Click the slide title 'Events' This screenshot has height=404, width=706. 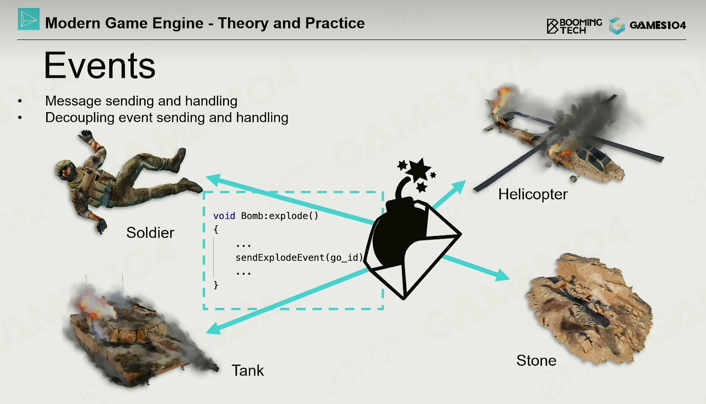tap(99, 66)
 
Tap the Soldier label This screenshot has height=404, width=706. tap(150, 233)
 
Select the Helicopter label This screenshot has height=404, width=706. tap(533, 194)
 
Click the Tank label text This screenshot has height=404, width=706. tap(248, 370)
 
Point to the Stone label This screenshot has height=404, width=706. tap(536, 360)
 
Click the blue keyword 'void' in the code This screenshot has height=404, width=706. tap(224, 216)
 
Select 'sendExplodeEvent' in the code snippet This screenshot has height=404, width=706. tap(280, 258)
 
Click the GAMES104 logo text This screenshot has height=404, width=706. tap(657, 25)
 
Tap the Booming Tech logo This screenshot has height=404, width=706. tap(574, 26)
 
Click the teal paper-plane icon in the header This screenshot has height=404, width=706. tap(29, 19)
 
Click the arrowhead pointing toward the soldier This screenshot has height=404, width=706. tap(214, 180)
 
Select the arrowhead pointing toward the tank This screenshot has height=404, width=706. tap(213, 329)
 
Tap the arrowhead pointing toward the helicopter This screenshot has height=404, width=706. tap(459, 187)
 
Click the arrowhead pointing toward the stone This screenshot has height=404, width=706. tap(502, 275)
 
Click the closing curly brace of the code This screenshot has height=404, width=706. tap(216, 285)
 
